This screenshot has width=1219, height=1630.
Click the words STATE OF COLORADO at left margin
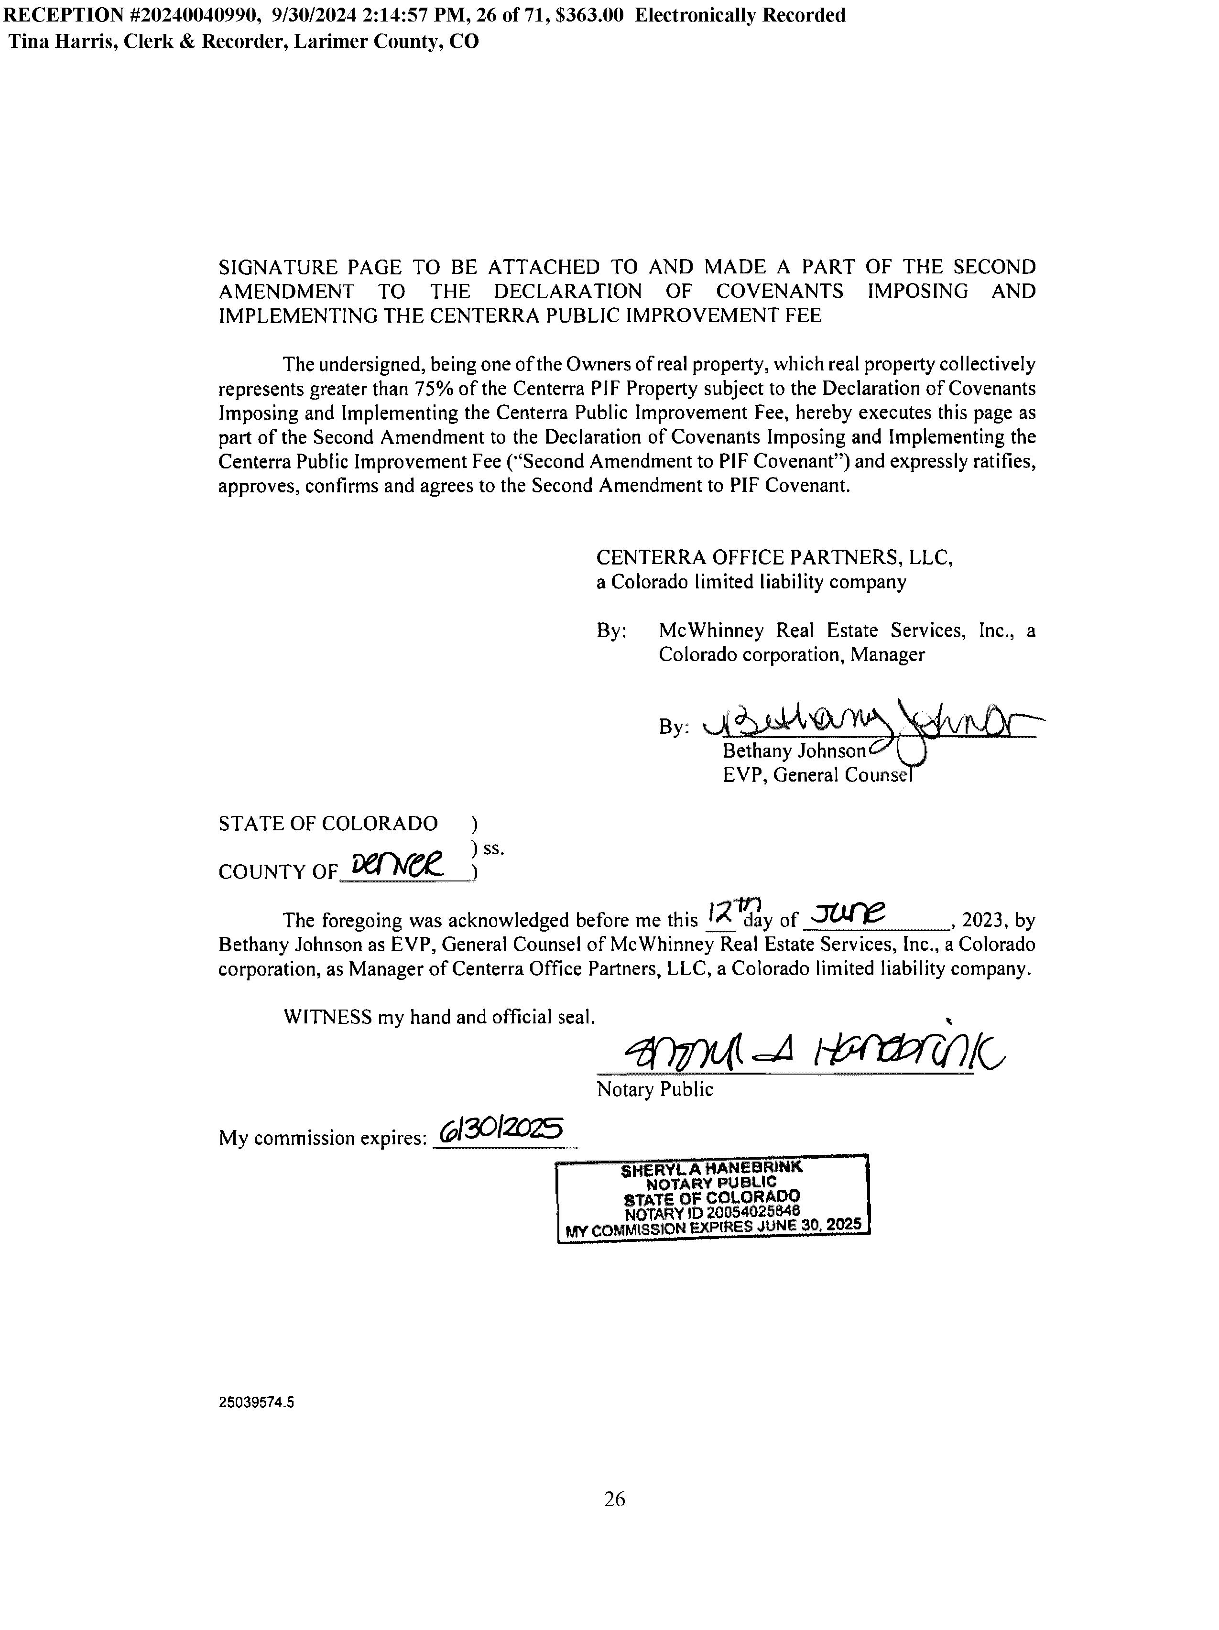328,823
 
